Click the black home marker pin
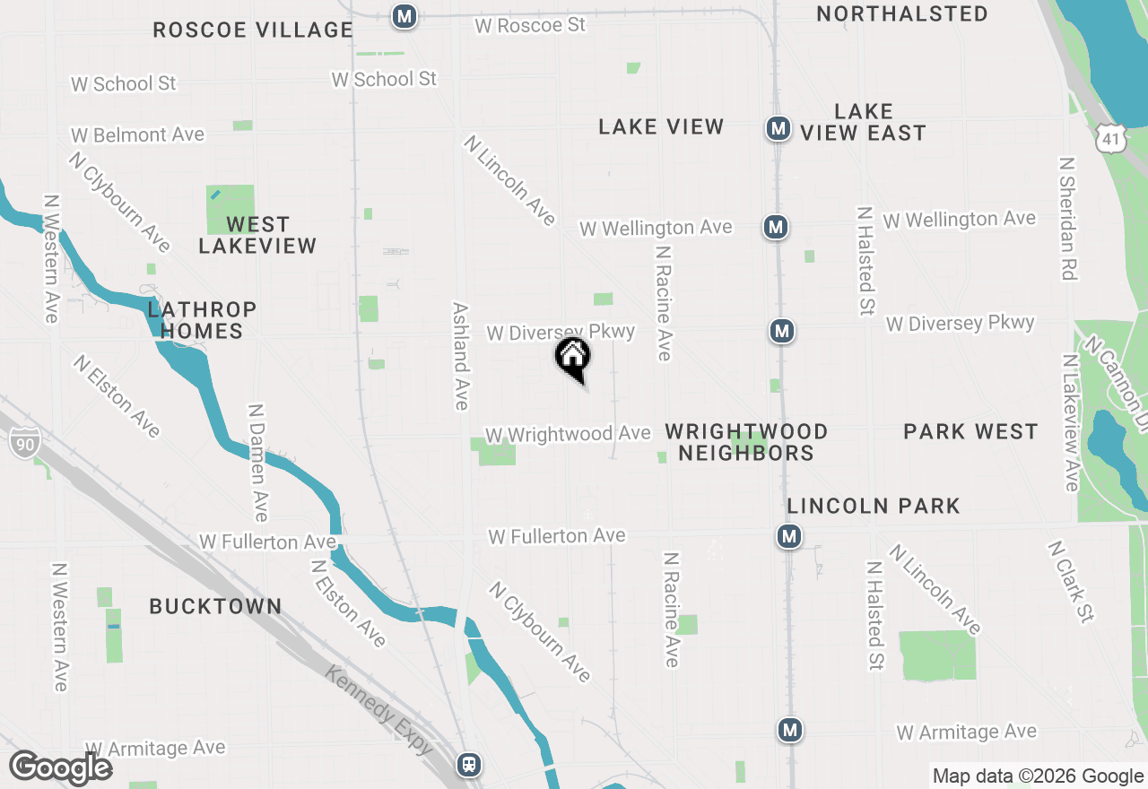point(572,358)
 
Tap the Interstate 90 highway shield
point(26,442)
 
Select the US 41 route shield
point(1110,137)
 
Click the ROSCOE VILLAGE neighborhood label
point(253,30)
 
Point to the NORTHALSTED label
point(902,13)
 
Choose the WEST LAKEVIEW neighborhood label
point(257,235)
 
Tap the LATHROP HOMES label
point(202,320)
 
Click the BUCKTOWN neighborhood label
point(215,606)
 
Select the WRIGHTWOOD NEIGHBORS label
point(746,442)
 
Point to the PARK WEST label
point(970,431)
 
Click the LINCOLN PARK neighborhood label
point(874,506)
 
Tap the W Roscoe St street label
point(530,25)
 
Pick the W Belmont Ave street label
point(138,134)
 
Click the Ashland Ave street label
point(460,355)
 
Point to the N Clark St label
point(1071,581)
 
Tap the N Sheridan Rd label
point(1066,219)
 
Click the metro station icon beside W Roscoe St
point(404,16)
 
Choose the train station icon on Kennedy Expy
point(468,764)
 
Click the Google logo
point(61,767)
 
